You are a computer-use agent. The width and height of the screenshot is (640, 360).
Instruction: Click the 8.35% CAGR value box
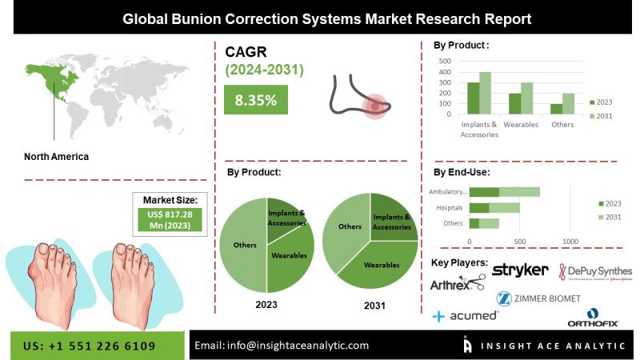(x=255, y=100)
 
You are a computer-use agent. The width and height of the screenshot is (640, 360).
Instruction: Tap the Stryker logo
(x=521, y=270)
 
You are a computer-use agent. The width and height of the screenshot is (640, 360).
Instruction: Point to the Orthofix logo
(x=593, y=318)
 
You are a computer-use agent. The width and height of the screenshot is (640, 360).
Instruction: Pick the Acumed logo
(x=465, y=316)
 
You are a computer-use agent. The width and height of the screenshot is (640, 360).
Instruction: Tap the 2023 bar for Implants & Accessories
(x=474, y=98)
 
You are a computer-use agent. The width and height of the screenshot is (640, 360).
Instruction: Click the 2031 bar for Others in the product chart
(x=568, y=104)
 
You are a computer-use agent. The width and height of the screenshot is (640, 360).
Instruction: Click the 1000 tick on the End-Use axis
(x=570, y=241)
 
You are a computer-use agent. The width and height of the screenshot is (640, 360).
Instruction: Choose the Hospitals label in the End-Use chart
(x=450, y=207)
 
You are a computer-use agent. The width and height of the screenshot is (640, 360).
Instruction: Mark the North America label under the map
(x=57, y=157)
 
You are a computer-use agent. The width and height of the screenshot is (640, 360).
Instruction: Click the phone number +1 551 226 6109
(x=90, y=346)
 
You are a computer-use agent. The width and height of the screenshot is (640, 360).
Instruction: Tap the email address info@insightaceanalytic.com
(x=282, y=346)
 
